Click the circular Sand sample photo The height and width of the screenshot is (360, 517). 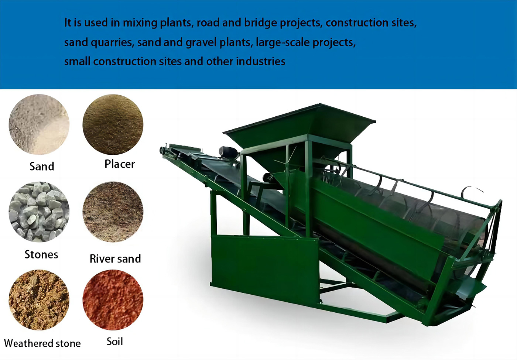click(39, 124)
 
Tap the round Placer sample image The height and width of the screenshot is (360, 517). click(113, 124)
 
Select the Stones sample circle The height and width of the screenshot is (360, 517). click(39, 212)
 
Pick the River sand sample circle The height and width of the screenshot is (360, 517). click(113, 212)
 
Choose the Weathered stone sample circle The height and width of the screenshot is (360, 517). click(39, 300)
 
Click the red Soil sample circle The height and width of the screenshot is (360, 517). click(113, 300)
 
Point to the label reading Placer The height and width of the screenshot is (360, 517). click(120, 164)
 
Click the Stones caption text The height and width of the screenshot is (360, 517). click(41, 254)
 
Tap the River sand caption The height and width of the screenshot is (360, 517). click(115, 259)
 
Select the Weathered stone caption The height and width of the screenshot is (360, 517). click(42, 343)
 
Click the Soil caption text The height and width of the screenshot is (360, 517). click(115, 342)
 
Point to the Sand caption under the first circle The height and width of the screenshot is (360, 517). click(42, 166)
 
